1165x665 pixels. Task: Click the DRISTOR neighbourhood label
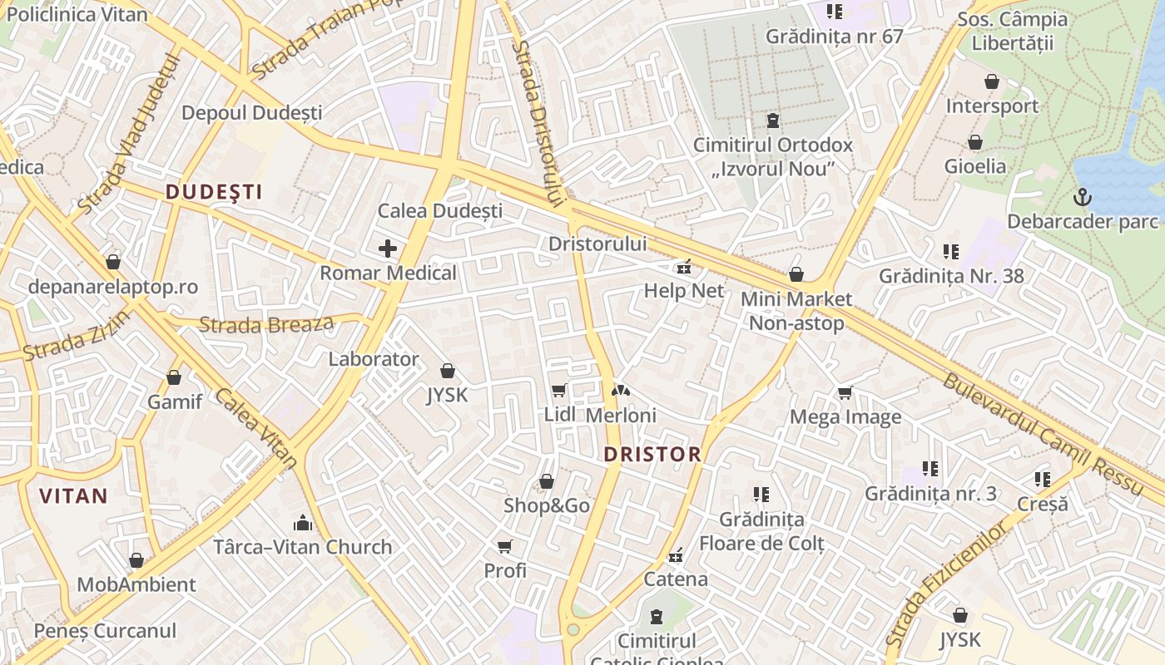652,455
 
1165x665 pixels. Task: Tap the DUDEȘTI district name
214,192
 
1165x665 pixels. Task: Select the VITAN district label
73,496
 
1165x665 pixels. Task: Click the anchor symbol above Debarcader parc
1083,197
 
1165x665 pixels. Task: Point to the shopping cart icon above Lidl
558,390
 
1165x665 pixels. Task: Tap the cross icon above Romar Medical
388,248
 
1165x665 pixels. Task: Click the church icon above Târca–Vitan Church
303,523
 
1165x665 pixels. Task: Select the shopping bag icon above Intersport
991,81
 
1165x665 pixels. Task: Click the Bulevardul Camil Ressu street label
1044,434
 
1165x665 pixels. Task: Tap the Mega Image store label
845,416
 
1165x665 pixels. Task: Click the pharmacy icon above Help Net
684,267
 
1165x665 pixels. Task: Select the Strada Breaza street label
266,324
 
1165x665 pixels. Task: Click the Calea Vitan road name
256,426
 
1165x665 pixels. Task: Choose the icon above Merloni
620,390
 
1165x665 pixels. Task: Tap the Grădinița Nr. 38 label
951,275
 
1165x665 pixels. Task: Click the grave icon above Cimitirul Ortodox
773,121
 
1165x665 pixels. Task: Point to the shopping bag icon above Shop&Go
547,481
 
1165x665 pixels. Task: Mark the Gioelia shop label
975,165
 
